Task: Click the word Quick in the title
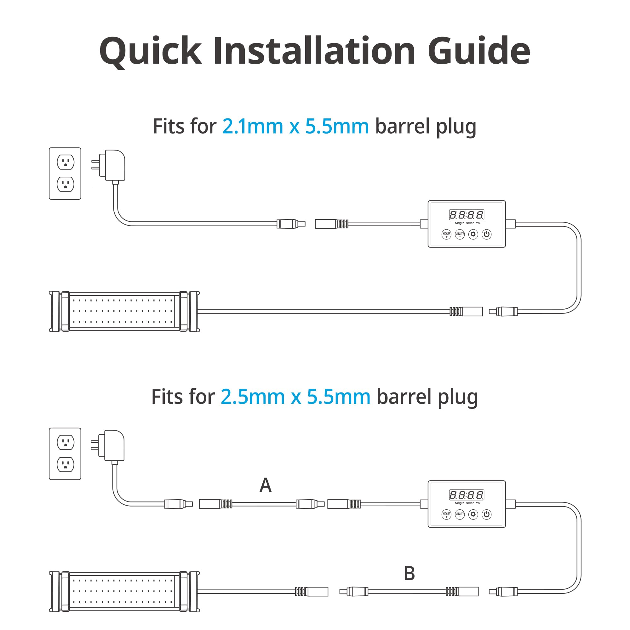(x=151, y=52)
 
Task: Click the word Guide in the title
(x=479, y=50)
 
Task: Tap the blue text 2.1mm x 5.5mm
(x=295, y=126)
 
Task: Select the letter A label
(x=266, y=485)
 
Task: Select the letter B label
(x=409, y=573)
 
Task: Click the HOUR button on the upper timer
(x=446, y=234)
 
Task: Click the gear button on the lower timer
(x=473, y=514)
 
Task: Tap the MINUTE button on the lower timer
(x=460, y=514)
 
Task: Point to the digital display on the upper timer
(x=467, y=215)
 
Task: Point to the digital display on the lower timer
(x=467, y=495)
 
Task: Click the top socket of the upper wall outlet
(x=66, y=162)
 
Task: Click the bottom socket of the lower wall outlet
(x=66, y=464)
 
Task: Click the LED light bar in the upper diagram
(x=124, y=312)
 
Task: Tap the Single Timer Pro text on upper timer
(x=467, y=223)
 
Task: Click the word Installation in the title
(x=314, y=50)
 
